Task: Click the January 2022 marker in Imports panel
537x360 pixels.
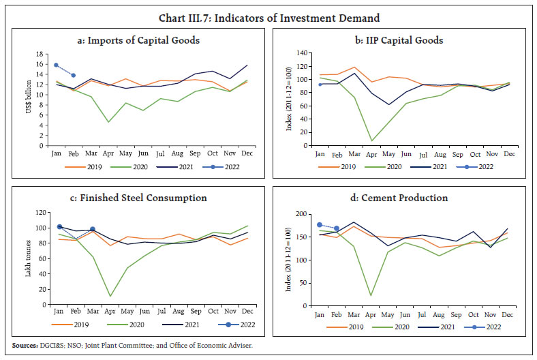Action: coord(56,65)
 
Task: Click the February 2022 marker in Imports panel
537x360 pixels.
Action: coord(74,75)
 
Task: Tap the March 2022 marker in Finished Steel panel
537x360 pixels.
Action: coord(92,229)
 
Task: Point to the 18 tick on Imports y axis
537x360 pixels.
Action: coord(41,55)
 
